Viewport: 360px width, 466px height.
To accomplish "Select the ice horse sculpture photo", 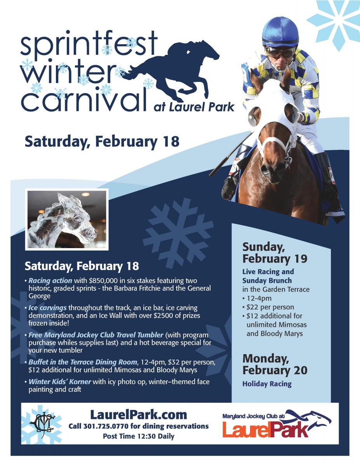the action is coord(67,219).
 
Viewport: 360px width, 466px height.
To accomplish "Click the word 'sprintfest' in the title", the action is coord(89,44).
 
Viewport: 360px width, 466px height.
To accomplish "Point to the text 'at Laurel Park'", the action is coord(194,107).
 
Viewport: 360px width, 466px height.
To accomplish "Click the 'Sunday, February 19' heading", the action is coord(275,253).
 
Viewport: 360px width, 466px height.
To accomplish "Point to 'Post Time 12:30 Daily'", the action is coord(139,436).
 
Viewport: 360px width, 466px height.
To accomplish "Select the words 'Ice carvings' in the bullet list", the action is coord(47,308).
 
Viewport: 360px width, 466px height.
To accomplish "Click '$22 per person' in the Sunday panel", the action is coord(270,307).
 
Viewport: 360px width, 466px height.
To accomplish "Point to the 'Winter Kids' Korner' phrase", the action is coord(60,382).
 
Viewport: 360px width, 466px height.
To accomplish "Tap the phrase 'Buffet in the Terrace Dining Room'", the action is coord(83,362).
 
